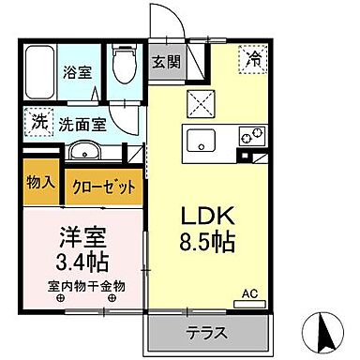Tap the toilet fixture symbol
120,65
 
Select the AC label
250,295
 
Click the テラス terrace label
209,332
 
